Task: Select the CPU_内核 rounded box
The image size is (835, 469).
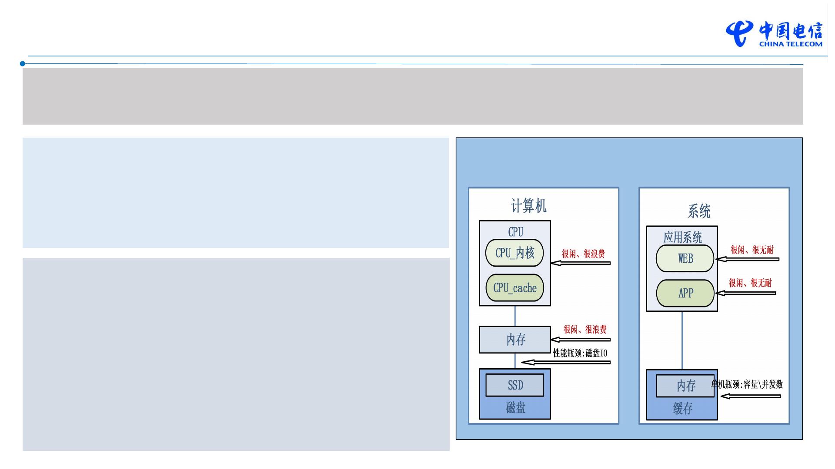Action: pyautogui.click(x=514, y=253)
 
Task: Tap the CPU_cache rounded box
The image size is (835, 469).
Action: pyautogui.click(x=514, y=287)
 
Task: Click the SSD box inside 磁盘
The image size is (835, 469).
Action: pyautogui.click(x=514, y=385)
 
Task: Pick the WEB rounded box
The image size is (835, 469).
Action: pyautogui.click(x=685, y=258)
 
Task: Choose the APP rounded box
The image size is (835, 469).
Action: pyautogui.click(x=685, y=293)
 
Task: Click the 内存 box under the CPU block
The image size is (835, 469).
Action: pyautogui.click(x=515, y=340)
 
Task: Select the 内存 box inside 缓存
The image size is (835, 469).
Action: pyautogui.click(x=685, y=386)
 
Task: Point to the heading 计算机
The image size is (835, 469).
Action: pyautogui.click(x=528, y=206)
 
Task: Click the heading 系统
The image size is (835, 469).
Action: pyautogui.click(x=699, y=211)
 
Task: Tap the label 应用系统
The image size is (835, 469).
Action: pyautogui.click(x=682, y=237)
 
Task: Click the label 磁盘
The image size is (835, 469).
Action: pyautogui.click(x=515, y=407)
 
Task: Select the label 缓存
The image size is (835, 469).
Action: pyautogui.click(x=682, y=408)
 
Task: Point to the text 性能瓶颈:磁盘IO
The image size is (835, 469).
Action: pyautogui.click(x=580, y=353)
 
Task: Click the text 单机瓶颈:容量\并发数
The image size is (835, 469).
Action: pyautogui.click(x=747, y=384)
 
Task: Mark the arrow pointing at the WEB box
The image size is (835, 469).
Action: pyautogui.click(x=747, y=259)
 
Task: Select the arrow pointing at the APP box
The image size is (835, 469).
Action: pyautogui.click(x=745, y=293)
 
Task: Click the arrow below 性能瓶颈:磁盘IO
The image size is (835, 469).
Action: pyautogui.click(x=565, y=362)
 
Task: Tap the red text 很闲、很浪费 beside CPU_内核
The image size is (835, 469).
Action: pyautogui.click(x=583, y=254)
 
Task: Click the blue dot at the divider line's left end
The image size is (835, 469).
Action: pyautogui.click(x=23, y=64)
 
